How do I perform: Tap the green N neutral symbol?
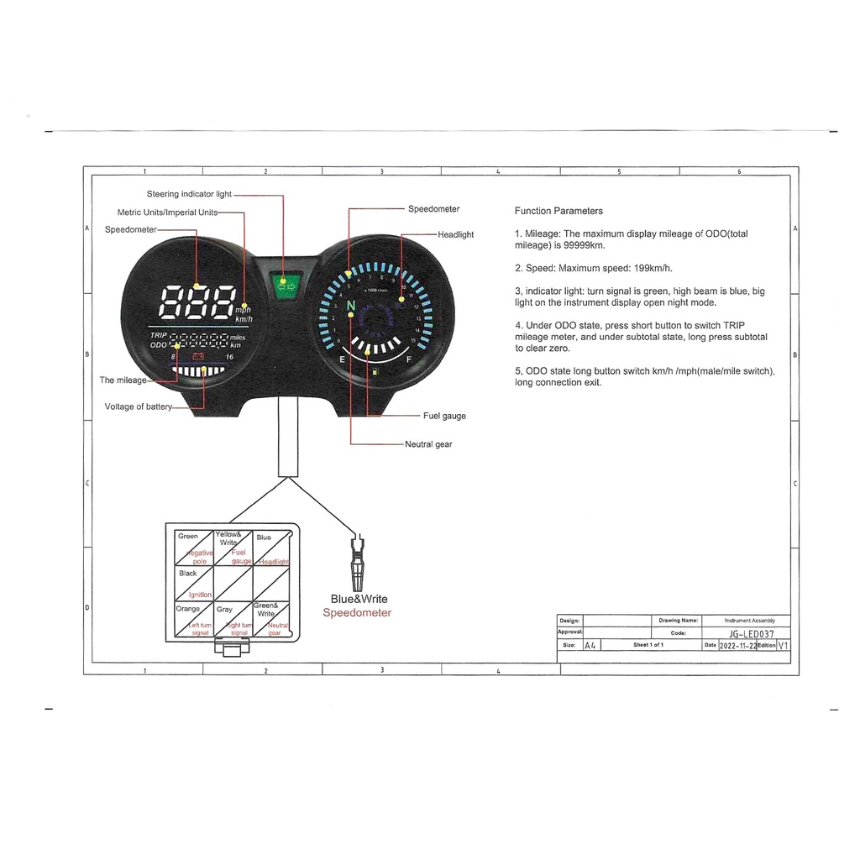coord(350,304)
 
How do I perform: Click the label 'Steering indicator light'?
coord(189,194)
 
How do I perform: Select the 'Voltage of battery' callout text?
coord(139,407)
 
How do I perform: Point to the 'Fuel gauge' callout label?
coord(444,416)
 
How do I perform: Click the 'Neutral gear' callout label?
coord(428,444)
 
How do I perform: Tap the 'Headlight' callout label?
coord(455,235)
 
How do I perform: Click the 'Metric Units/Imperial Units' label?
coord(167,212)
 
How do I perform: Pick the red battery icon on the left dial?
coord(199,357)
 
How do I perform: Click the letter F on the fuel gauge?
coord(409,359)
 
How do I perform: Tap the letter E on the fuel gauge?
coord(342,359)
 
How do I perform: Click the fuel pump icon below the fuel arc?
coord(374,370)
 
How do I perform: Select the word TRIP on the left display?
coord(159,335)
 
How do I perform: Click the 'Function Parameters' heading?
coord(558,211)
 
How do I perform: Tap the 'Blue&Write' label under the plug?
coord(359,599)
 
